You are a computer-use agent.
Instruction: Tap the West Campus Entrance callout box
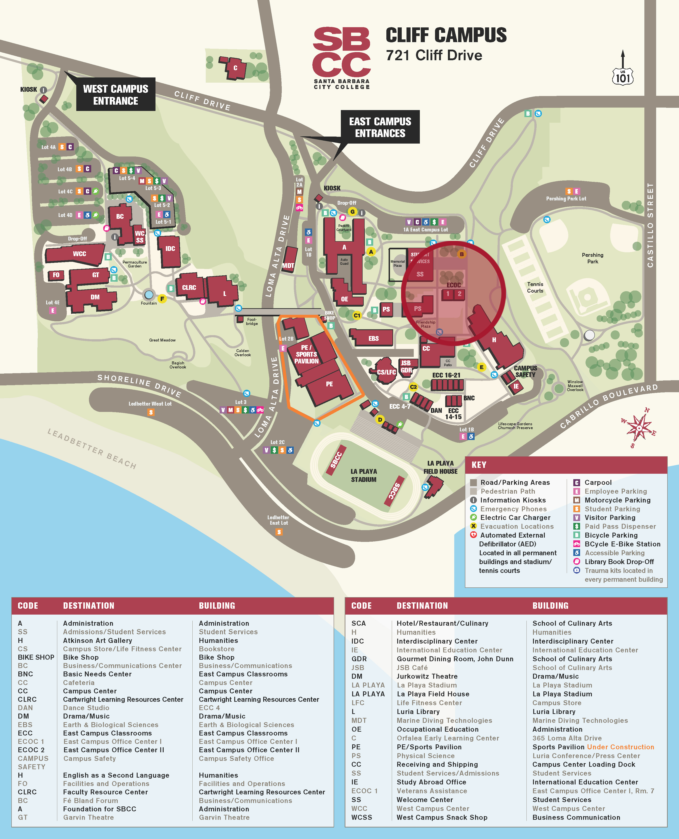coord(115,95)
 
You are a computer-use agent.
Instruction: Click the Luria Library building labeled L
coord(224,293)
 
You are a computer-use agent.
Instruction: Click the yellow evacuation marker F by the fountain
coord(162,299)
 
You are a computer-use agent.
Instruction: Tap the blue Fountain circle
coord(149,294)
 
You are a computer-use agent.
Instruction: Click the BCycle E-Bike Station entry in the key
coord(622,544)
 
